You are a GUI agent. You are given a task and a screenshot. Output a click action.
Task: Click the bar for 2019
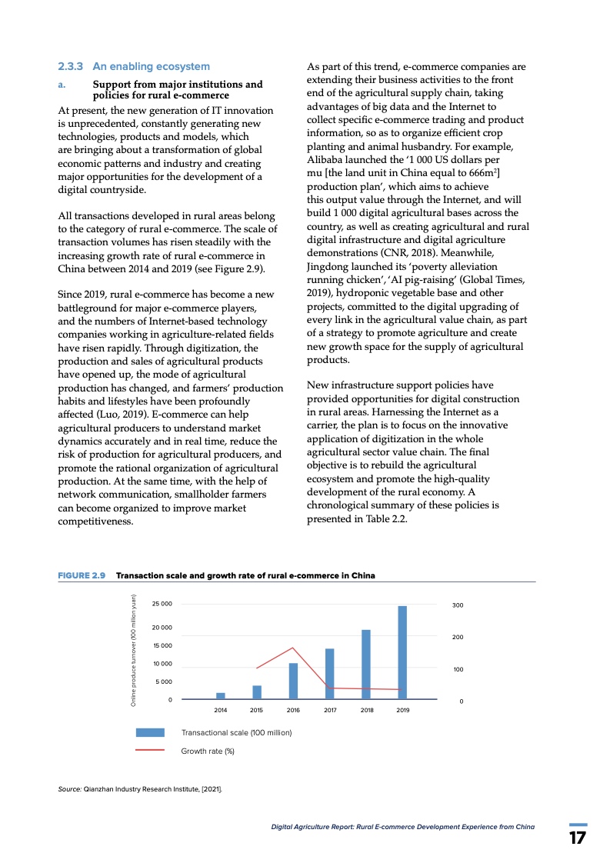(x=402, y=652)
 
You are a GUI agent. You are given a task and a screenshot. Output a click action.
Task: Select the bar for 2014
(x=221, y=695)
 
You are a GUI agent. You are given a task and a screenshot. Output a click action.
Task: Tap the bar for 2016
(x=293, y=681)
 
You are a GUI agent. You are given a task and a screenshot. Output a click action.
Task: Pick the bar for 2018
(x=366, y=664)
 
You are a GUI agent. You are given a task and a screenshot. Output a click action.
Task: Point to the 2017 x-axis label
(x=330, y=710)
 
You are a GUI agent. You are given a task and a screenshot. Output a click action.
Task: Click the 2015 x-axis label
(x=257, y=710)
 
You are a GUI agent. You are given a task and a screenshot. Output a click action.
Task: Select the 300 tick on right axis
(x=457, y=606)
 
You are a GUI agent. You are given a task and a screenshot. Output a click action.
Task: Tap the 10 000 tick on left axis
(x=162, y=664)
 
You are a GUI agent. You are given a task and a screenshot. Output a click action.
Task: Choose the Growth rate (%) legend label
(x=207, y=751)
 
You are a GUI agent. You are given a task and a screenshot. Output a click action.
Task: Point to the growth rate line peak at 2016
(x=293, y=648)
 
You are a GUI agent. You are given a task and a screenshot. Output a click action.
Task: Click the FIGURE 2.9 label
(x=82, y=575)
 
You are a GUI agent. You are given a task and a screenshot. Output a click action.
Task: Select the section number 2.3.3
(x=71, y=67)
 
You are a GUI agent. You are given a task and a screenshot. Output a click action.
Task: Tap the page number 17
(x=578, y=837)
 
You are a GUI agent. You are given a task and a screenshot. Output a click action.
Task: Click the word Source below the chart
(x=69, y=789)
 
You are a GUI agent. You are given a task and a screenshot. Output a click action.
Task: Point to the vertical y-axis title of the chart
(x=133, y=651)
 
